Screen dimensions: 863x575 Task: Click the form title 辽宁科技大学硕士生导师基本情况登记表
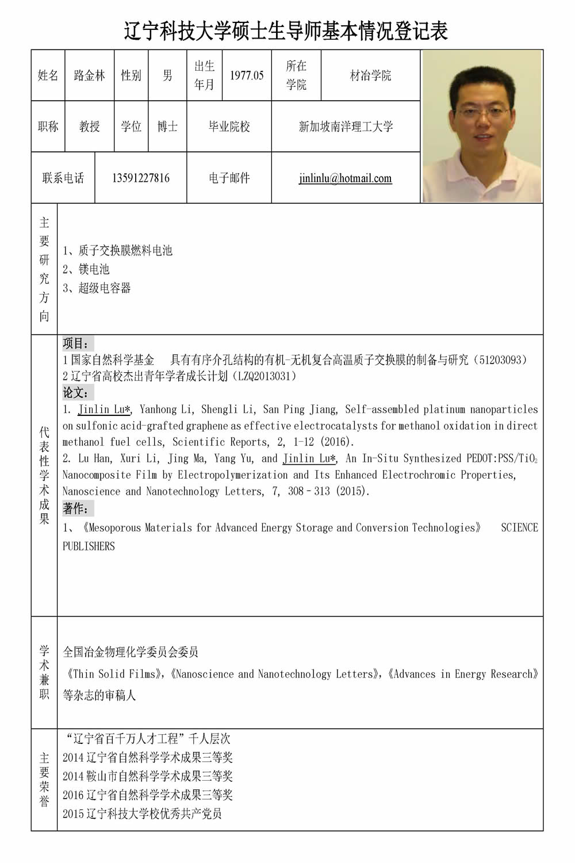[286, 30]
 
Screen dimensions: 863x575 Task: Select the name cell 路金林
[90, 75]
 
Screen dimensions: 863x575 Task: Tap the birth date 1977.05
[247, 75]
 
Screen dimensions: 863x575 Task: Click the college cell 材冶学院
[370, 75]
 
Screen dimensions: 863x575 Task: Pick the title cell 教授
[90, 127]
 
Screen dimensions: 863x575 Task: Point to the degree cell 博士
[167, 127]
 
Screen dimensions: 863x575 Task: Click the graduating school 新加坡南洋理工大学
[346, 127]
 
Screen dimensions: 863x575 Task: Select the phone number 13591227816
[141, 178]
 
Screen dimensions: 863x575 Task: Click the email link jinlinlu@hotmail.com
[345, 178]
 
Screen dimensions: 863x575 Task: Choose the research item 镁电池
[94, 269]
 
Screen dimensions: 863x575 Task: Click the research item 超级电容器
[105, 288]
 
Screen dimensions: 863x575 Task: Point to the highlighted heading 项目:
[77, 343]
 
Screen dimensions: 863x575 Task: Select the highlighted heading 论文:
[77, 393]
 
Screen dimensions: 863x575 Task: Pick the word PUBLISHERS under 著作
[89, 546]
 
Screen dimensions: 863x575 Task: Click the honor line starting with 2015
[142, 814]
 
